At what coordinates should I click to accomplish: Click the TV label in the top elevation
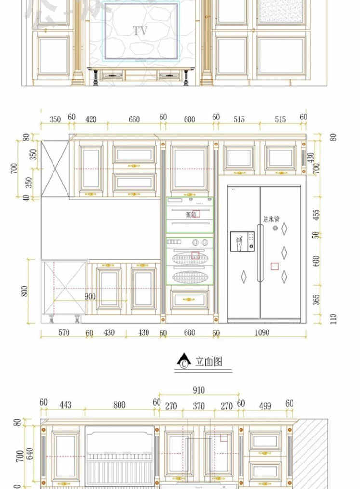[140, 31]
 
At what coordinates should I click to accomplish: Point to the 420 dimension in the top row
[91, 119]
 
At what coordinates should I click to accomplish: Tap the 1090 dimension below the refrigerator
[262, 332]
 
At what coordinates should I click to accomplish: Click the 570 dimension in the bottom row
[64, 332]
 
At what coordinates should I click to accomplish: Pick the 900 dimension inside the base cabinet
[90, 296]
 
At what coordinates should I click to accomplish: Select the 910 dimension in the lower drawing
[199, 390]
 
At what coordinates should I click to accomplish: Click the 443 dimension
[66, 405]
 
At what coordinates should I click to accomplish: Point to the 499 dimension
[265, 406]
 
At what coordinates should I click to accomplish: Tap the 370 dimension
[199, 406]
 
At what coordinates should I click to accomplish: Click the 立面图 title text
[209, 361]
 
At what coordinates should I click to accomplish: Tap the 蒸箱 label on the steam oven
[191, 215]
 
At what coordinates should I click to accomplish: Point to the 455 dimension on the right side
[317, 215]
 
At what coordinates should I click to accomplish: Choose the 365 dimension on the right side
[317, 300]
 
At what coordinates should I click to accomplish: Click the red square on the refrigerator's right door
[274, 266]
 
